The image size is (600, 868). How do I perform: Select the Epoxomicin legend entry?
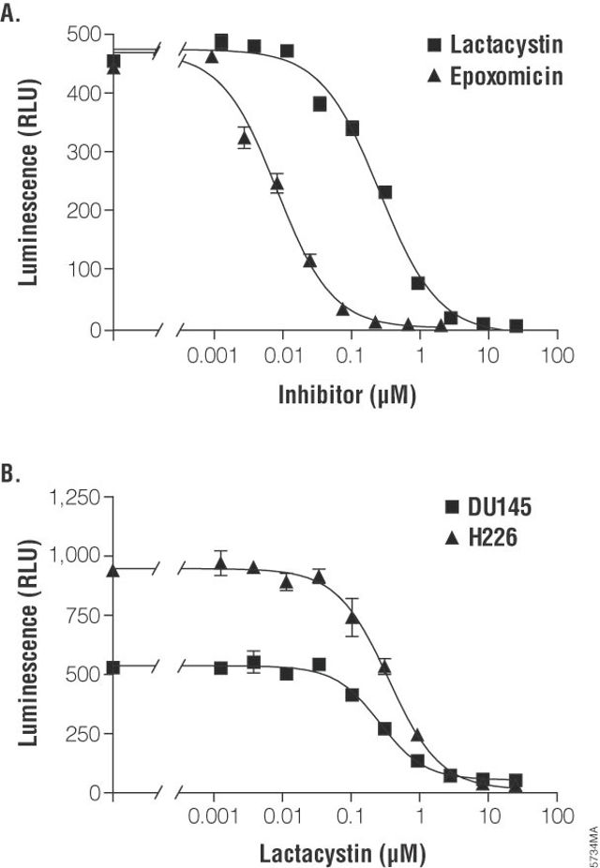point(506,77)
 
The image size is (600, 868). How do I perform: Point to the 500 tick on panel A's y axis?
point(82,35)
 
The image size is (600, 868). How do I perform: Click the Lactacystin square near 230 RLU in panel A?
point(384,192)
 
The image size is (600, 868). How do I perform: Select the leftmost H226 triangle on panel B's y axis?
point(113,571)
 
